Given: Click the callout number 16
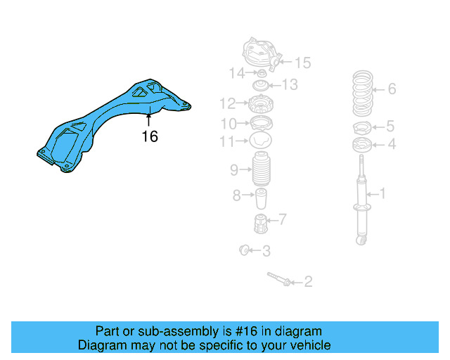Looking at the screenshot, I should click(x=150, y=136).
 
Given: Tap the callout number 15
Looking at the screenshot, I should click(x=302, y=63).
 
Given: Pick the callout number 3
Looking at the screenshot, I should click(x=266, y=250).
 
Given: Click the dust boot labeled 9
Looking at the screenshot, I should click(x=261, y=170).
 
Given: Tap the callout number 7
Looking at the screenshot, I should click(x=281, y=220).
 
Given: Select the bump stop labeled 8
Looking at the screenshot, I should click(x=261, y=198).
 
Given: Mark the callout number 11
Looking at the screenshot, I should click(x=227, y=141).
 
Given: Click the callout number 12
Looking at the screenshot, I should click(x=227, y=104).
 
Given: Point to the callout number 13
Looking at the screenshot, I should click(x=290, y=85).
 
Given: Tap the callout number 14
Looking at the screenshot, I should click(x=236, y=73).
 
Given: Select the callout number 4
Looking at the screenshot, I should click(x=392, y=144).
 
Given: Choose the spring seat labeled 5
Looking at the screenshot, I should click(x=361, y=128).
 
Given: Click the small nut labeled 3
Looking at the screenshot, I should click(x=245, y=249).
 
